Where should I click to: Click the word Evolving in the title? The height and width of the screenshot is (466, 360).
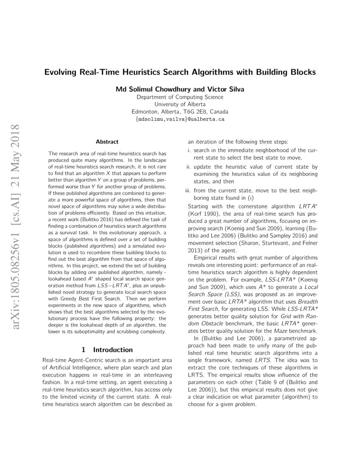point(61,72)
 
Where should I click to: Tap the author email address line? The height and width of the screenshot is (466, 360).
point(180,119)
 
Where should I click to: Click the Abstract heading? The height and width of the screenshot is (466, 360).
point(107,141)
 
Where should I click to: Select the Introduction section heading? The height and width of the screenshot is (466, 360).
point(113,350)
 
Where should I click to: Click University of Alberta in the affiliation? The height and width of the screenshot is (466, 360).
point(180,104)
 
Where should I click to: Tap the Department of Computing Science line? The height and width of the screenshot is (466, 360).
point(180,97)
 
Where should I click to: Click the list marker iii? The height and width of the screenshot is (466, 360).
point(188,191)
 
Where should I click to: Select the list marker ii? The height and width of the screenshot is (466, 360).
point(189,167)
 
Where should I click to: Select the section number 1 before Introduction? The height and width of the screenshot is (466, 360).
point(83,350)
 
